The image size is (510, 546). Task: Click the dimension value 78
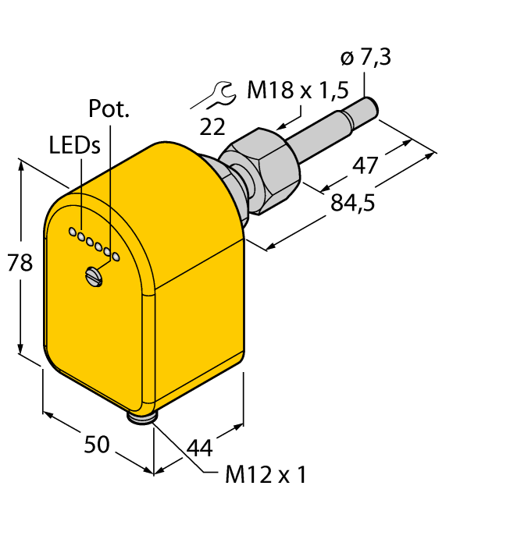(x=20, y=262)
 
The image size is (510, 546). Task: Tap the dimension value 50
(x=97, y=444)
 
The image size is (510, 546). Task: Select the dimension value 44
(x=200, y=448)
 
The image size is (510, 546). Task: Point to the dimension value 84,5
(x=353, y=203)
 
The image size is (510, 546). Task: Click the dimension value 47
(x=365, y=165)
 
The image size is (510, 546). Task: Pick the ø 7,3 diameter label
(x=366, y=57)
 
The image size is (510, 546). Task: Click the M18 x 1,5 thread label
(x=298, y=90)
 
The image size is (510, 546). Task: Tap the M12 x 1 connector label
(x=266, y=474)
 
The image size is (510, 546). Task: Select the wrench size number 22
(x=212, y=126)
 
